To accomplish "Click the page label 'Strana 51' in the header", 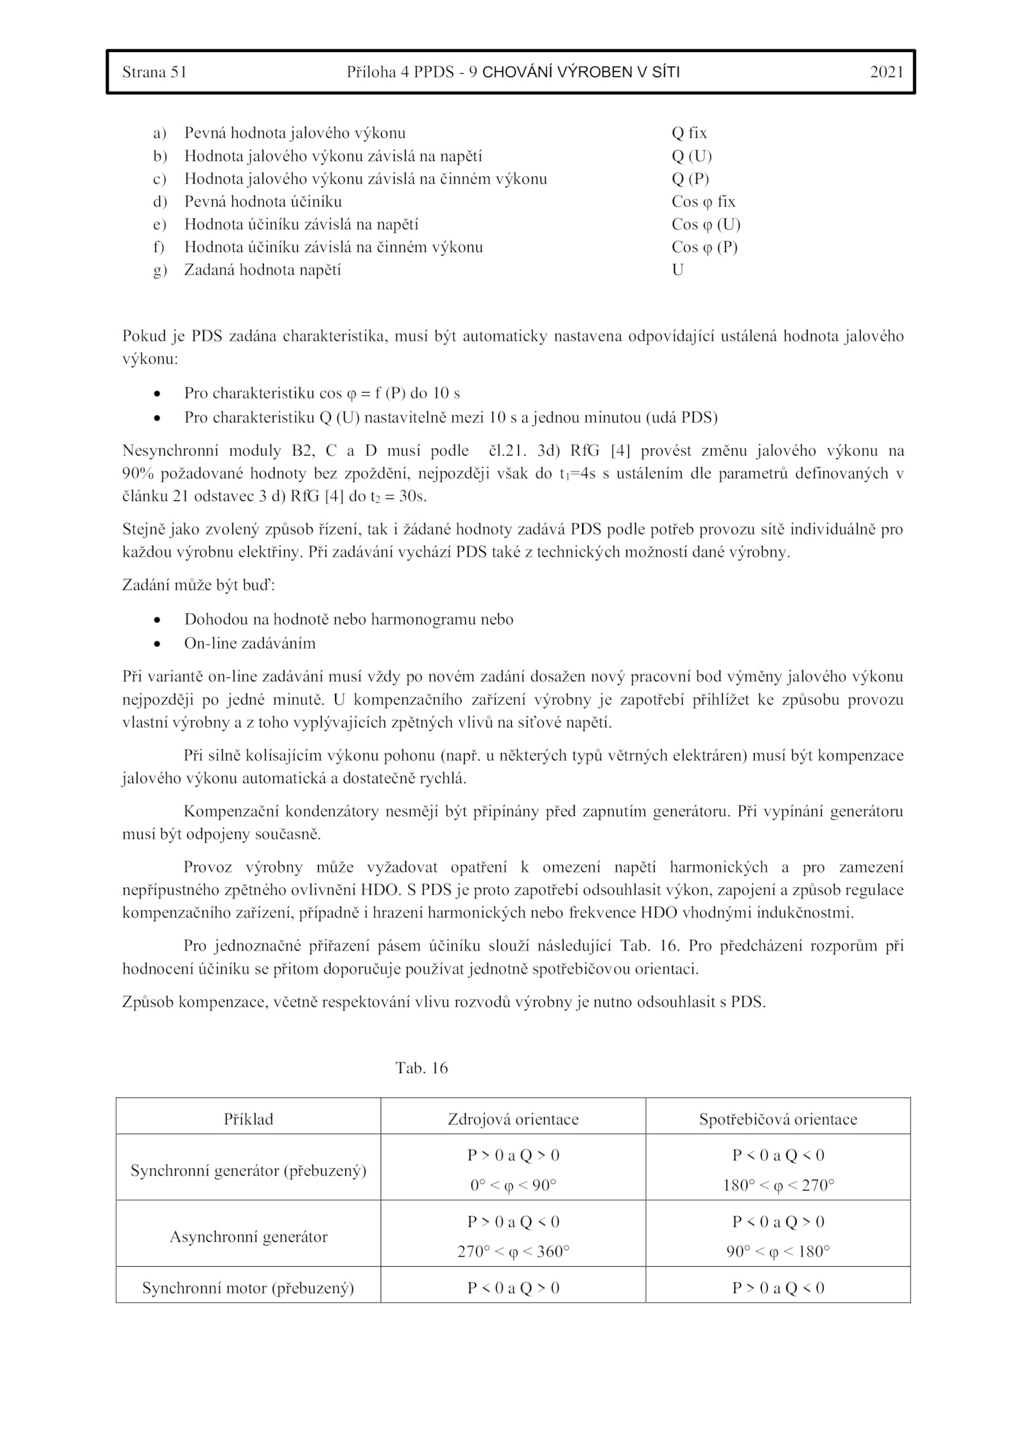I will [154, 72].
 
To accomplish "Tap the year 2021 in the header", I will [886, 72].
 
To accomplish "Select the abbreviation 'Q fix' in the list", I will [689, 133].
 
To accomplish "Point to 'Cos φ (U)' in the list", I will [705, 224].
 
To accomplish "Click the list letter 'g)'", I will [159, 270].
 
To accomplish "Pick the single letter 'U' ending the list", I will [677, 270].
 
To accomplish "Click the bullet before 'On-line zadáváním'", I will [157, 643].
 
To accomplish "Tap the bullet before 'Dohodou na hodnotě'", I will [157, 620].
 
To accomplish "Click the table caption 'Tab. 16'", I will [421, 1068].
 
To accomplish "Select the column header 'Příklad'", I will [248, 1119].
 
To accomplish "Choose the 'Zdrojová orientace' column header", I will [513, 1119].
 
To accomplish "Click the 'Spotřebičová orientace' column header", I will [778, 1119].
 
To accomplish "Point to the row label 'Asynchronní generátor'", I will [248, 1237].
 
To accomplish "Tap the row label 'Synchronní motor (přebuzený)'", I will [248, 1288].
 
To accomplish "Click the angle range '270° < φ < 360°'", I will [513, 1252].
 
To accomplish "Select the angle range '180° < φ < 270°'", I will [778, 1185].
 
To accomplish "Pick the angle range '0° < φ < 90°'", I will [513, 1185].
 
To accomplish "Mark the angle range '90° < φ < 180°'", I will [778, 1252].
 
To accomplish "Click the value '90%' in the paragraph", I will [136, 473].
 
